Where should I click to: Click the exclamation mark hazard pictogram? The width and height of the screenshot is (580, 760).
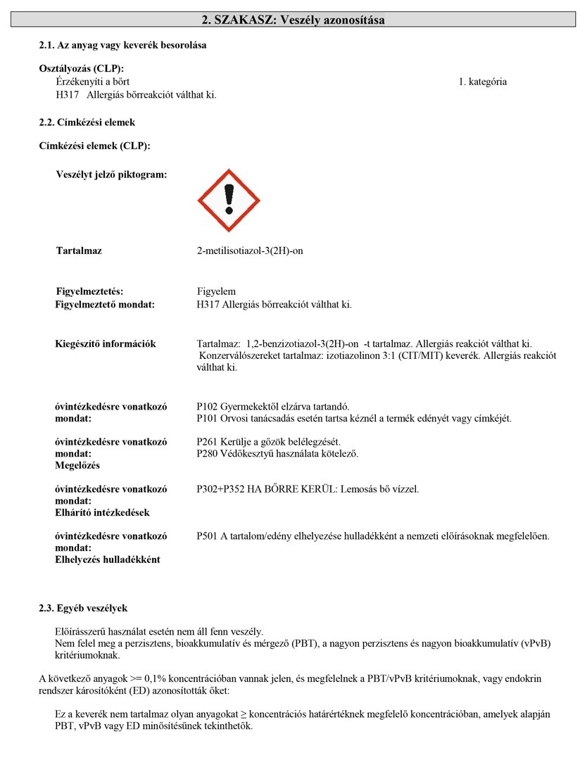(x=227, y=201)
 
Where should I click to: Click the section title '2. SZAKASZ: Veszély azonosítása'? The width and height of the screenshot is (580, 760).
(x=293, y=20)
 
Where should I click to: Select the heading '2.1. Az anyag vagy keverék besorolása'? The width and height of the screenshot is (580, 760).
(x=122, y=45)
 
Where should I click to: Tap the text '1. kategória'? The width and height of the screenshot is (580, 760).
(x=482, y=82)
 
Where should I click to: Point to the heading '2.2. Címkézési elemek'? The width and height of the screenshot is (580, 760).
(x=87, y=122)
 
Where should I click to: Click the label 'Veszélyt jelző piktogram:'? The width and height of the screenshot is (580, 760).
(x=111, y=174)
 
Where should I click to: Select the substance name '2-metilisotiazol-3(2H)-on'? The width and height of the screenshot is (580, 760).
(x=250, y=251)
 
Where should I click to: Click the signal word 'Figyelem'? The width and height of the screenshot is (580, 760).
(x=216, y=291)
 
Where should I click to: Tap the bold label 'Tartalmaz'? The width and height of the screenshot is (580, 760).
(x=79, y=251)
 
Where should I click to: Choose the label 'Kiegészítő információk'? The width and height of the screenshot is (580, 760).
(x=106, y=344)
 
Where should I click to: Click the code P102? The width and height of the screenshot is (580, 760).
(x=208, y=407)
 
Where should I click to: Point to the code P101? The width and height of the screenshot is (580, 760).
(x=208, y=418)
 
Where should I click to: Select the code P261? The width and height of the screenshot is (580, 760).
(x=208, y=442)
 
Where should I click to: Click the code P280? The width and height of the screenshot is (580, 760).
(x=208, y=453)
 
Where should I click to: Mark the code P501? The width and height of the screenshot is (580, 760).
(x=208, y=536)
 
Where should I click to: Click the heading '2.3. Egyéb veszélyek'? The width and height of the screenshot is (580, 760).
(x=83, y=608)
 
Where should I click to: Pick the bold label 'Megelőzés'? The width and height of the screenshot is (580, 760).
(x=77, y=466)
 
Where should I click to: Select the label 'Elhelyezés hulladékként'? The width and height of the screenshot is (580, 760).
(x=108, y=559)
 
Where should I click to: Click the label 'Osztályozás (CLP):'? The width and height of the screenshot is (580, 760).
(x=82, y=68)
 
